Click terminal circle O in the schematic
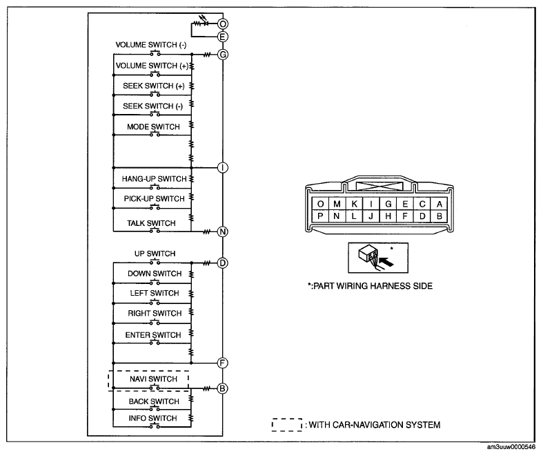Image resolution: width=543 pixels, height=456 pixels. click(x=223, y=24)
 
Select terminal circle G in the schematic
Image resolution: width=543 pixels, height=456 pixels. click(x=223, y=55)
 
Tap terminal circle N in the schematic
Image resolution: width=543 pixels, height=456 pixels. click(x=223, y=231)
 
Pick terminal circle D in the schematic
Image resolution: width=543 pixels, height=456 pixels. click(x=223, y=263)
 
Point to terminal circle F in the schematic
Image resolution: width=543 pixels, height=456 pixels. click(x=223, y=363)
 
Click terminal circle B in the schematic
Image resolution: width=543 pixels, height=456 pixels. click(x=223, y=388)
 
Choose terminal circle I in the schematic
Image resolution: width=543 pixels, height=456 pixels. click(x=223, y=168)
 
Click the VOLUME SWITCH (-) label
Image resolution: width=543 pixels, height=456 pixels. click(x=151, y=45)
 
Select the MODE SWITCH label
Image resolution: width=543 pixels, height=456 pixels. click(x=153, y=127)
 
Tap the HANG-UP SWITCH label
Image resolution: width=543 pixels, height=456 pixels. click(x=154, y=179)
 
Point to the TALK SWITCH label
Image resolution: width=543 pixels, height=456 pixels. click(x=151, y=223)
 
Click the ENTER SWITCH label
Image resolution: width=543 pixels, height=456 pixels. click(x=153, y=335)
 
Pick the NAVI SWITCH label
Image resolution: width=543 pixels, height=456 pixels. click(x=153, y=379)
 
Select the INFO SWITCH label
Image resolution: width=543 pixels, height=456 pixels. click(x=152, y=418)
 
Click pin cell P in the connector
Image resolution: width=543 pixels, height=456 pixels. click(x=320, y=216)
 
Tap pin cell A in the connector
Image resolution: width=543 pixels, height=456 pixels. click(x=439, y=204)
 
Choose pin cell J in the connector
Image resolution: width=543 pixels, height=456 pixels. click(x=371, y=216)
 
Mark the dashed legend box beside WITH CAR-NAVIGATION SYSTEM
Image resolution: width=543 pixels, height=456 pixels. click(x=287, y=425)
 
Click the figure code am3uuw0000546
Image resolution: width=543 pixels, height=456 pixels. click(x=511, y=447)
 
